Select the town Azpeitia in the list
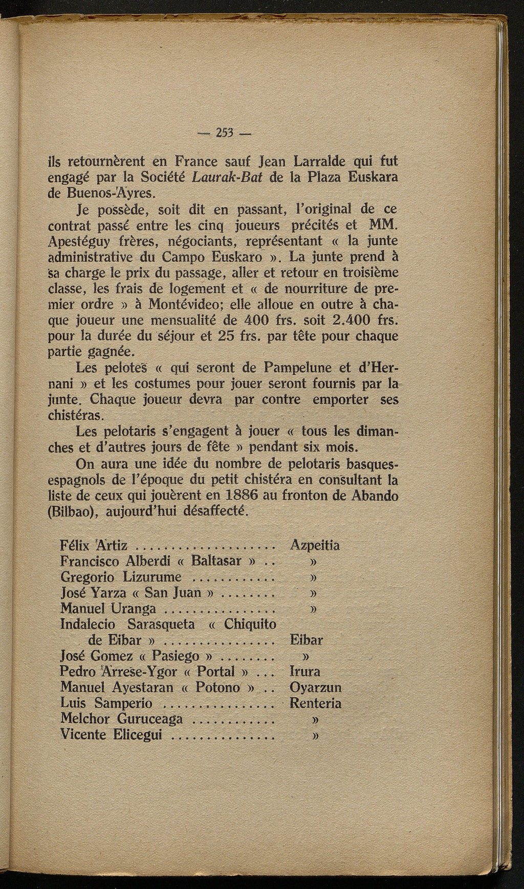pos(315,545)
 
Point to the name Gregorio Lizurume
pos(121,577)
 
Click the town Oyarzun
pos(315,688)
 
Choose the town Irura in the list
pos(304,672)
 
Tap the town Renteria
pos(315,703)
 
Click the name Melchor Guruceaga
pos(122,719)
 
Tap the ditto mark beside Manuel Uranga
pos(313,608)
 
